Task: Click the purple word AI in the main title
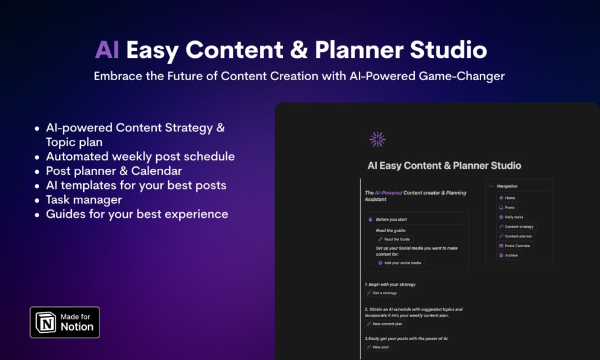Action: (107, 50)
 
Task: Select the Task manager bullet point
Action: (84, 200)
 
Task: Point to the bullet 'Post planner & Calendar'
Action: (114, 171)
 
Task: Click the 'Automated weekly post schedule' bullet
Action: (140, 156)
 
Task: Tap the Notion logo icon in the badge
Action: (46, 322)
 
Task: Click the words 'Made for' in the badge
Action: (75, 317)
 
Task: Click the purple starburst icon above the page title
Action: (377, 139)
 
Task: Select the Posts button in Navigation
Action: (507, 207)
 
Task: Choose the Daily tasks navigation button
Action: (511, 217)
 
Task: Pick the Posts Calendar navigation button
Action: (514, 246)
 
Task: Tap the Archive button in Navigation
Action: (508, 256)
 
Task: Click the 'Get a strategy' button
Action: (382, 293)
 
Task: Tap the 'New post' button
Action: (378, 347)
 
